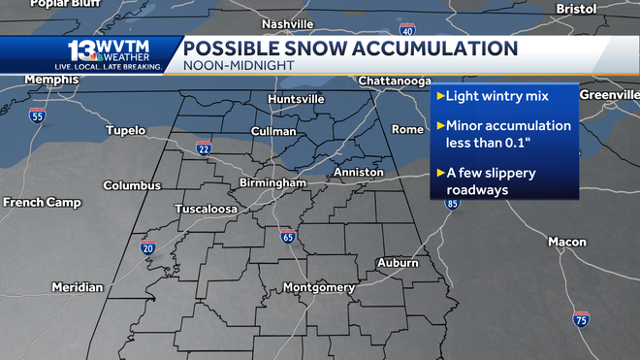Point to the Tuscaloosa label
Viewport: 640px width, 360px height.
pos(206,209)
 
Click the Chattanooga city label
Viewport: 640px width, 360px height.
pos(395,80)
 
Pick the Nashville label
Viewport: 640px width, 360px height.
pos(288,23)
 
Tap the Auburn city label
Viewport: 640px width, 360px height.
pos(398,262)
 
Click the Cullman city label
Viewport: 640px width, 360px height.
pos(272,130)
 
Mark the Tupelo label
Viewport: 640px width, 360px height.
pos(125,130)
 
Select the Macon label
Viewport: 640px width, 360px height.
pos(566,241)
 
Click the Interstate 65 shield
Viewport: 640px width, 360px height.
pos(288,236)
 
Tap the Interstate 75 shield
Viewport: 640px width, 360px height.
pos(580,319)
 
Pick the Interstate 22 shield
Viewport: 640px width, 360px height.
pos(204,147)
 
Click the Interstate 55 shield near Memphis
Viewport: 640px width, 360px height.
pos(38,116)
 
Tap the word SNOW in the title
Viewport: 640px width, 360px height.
pos(312,48)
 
